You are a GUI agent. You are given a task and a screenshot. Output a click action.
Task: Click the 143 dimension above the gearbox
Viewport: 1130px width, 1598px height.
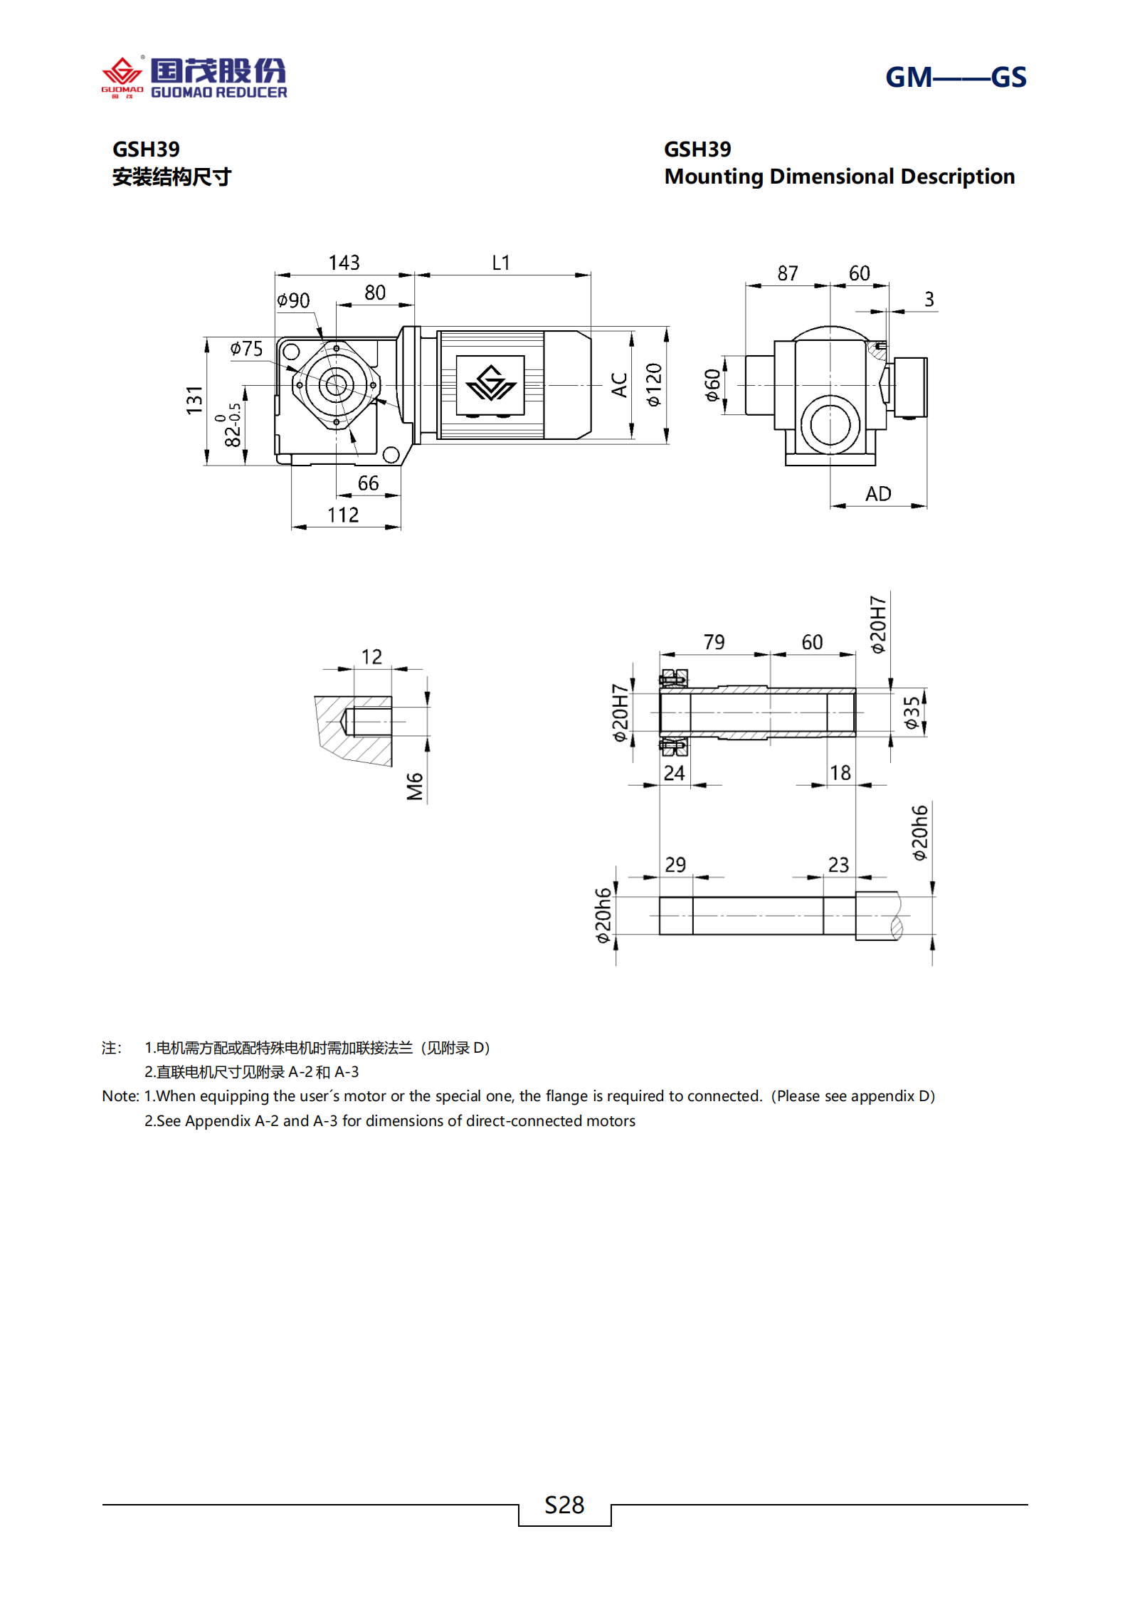coord(344,263)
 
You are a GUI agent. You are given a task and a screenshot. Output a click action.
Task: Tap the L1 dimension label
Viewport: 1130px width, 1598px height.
coord(501,263)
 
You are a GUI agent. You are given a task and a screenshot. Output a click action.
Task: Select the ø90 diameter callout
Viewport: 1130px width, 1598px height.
coord(293,300)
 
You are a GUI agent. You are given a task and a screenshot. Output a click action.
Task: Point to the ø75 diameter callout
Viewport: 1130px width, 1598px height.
coord(246,348)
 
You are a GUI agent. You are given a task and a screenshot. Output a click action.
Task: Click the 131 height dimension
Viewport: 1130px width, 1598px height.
coord(194,400)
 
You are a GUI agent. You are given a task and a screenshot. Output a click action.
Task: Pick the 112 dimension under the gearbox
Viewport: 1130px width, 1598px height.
coord(343,515)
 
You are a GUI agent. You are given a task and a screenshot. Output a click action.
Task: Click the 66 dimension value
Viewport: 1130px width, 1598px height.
coord(368,483)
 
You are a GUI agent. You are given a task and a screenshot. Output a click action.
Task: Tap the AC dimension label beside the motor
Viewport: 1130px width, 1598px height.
coord(619,385)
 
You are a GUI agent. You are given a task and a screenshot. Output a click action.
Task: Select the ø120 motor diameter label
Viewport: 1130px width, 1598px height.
coord(654,385)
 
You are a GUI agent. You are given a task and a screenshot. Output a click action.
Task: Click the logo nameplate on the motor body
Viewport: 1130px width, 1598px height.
coord(490,385)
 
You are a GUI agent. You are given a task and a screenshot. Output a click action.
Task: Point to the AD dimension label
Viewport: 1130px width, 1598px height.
coord(878,494)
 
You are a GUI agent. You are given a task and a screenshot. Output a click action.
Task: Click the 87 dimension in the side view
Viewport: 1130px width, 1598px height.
coord(788,273)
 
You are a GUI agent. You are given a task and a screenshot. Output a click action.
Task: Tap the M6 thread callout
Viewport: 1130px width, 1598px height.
coord(415,787)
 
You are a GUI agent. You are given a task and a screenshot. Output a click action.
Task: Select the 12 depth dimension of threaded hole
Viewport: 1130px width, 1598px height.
coord(371,656)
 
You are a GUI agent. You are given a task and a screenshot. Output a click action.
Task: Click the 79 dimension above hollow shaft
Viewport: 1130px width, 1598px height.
coord(714,642)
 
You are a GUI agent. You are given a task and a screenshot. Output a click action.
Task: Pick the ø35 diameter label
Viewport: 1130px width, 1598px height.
coord(912,713)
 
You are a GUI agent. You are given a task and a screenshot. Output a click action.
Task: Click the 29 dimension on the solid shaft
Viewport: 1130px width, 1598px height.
coord(675,865)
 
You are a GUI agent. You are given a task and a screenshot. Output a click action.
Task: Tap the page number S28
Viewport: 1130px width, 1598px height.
coord(564,1505)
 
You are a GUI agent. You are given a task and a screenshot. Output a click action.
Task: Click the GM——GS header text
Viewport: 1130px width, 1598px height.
coord(955,77)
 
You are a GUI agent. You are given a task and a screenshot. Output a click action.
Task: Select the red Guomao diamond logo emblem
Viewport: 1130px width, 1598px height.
coord(122,73)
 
